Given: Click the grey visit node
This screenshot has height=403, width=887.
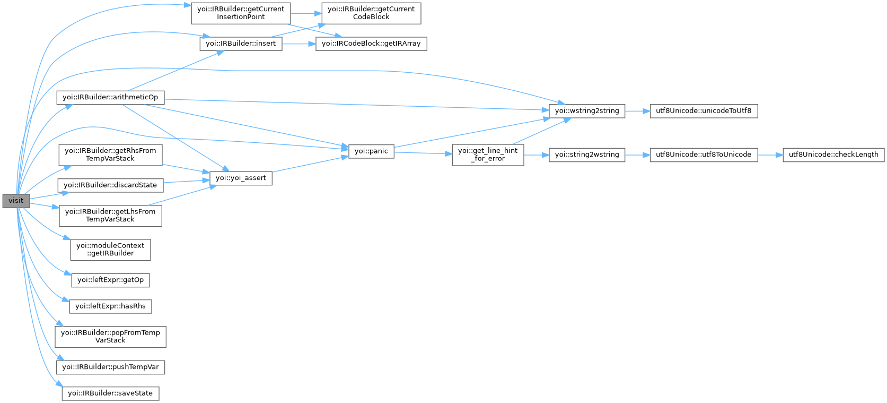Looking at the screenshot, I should (x=16, y=201).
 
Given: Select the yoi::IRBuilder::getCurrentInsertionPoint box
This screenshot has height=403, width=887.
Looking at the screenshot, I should (x=241, y=13).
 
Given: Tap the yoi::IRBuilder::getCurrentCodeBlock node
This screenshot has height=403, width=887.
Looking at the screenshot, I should (x=371, y=13).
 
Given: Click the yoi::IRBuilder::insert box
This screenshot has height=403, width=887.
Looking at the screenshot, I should (x=241, y=44).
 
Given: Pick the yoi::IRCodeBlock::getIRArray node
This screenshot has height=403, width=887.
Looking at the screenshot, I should (x=371, y=44).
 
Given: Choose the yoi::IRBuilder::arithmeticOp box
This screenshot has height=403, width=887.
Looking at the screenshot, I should (x=110, y=97).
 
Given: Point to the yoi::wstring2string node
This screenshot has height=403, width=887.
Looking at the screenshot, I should (x=587, y=111).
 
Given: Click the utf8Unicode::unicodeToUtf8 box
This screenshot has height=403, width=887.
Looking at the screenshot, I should (x=704, y=111).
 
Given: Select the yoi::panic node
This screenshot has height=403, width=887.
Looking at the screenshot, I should (x=371, y=151).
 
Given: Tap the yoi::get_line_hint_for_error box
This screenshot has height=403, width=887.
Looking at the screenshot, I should (x=488, y=155).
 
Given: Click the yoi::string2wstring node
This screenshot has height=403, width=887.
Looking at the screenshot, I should (x=587, y=155).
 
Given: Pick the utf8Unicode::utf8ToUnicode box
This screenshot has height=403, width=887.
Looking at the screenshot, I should (x=704, y=155).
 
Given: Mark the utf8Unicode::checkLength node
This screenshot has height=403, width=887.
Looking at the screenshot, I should (x=833, y=155).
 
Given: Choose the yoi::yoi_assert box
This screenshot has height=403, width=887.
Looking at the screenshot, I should (x=241, y=178).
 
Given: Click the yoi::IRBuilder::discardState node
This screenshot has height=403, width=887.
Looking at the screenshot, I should (x=110, y=185).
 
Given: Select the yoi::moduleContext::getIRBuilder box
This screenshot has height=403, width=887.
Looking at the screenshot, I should (x=110, y=250).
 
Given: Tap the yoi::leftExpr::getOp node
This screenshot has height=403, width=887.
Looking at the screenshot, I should (x=110, y=280).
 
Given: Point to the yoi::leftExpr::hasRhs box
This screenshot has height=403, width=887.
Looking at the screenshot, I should (x=110, y=306).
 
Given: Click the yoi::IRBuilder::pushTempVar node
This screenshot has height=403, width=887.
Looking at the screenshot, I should (x=110, y=367).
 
